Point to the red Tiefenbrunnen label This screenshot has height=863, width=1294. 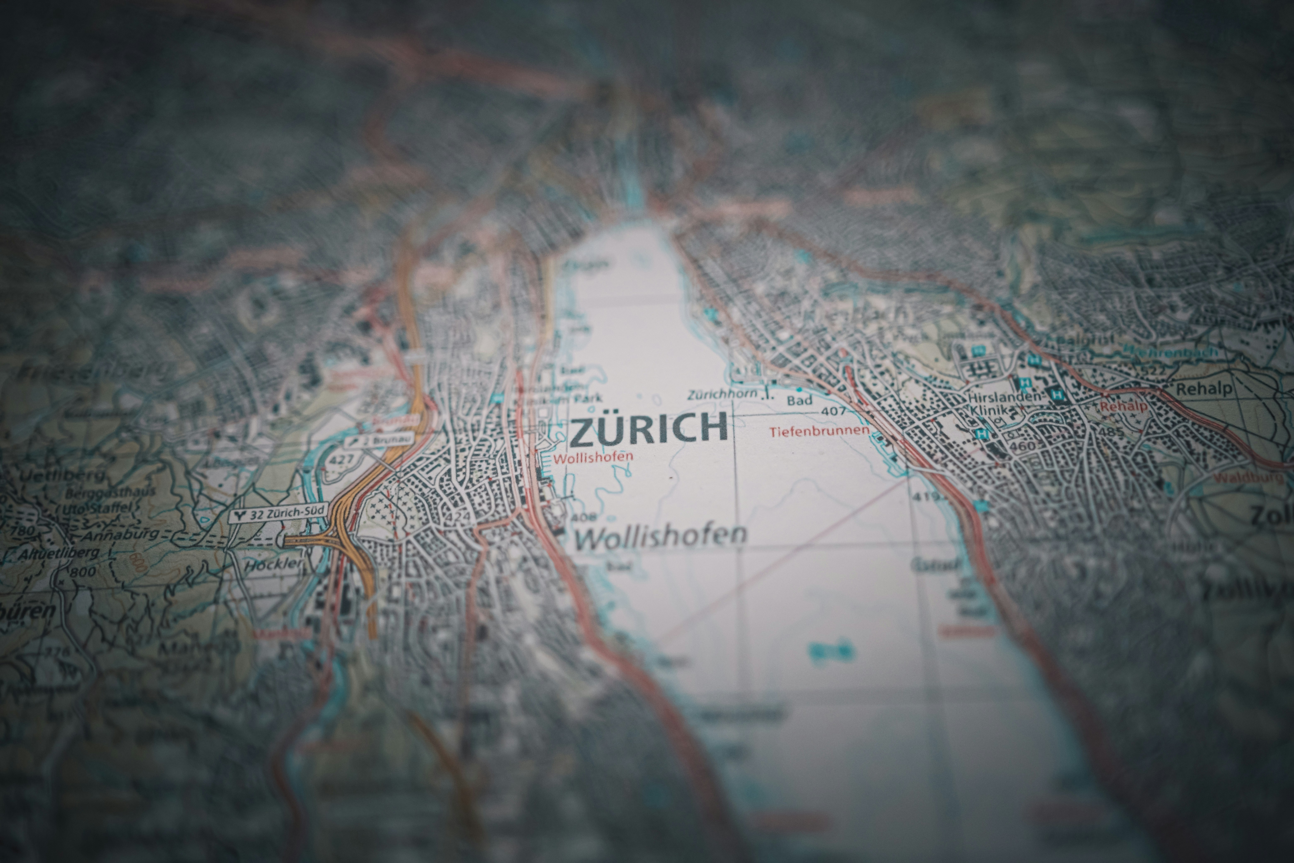[819, 431]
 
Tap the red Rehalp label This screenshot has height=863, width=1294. [1124, 407]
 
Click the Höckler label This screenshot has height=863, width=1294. [273, 564]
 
